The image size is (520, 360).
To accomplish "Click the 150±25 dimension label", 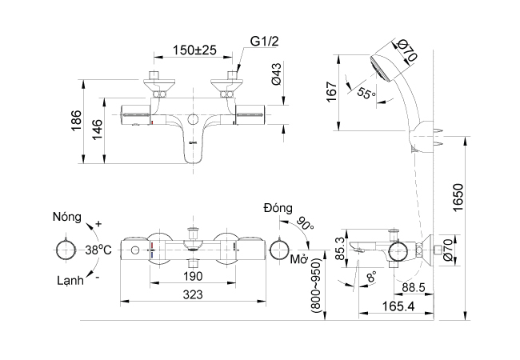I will (195, 50).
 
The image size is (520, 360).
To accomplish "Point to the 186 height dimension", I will (77, 123).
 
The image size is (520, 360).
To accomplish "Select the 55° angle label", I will (366, 93).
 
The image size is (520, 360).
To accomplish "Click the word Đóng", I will (278, 208).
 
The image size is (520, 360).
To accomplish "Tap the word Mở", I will (300, 261).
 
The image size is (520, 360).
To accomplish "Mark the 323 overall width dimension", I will (192, 294).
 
